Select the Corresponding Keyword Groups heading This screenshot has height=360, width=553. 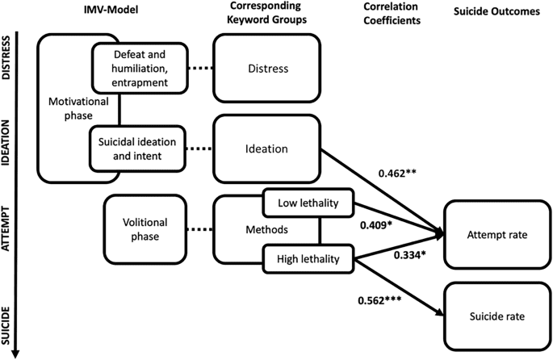[x=265, y=15]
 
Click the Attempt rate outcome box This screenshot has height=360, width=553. [x=494, y=234]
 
